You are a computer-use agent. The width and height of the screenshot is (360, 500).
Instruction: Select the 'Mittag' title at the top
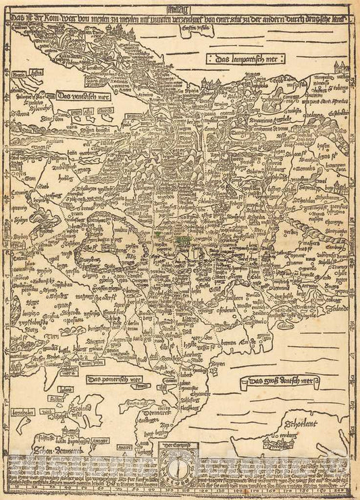[179, 9]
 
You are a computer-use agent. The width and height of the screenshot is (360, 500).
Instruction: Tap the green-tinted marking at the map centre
[179, 238]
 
